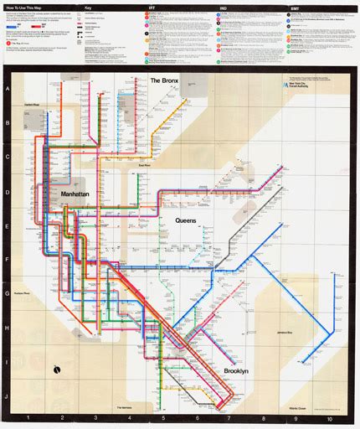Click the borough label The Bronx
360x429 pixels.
click(166, 80)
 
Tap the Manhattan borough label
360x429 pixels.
click(80, 193)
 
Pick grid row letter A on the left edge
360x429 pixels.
click(8, 87)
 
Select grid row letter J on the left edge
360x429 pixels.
click(8, 398)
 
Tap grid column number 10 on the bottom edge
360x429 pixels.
click(330, 417)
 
